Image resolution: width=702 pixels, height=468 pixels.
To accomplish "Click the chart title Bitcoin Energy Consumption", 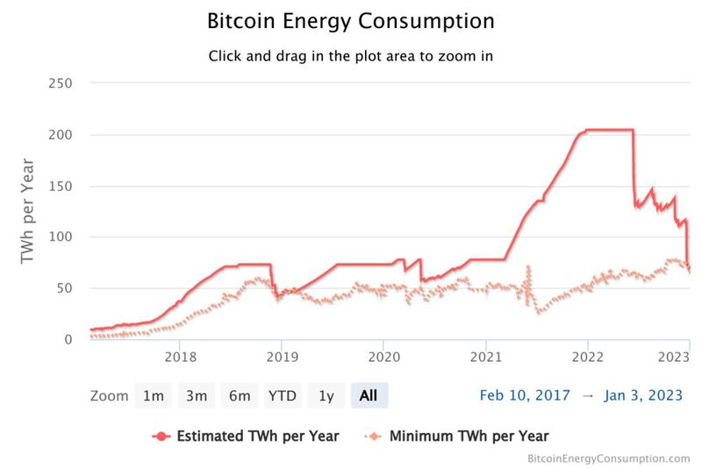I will pyautogui.click(x=351, y=20).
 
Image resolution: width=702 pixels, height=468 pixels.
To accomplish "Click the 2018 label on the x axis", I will pyautogui.click(x=180, y=357).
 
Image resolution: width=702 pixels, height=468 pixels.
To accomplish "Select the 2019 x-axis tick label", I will pyautogui.click(x=282, y=357).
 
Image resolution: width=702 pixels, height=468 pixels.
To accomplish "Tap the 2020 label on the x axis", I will pyautogui.click(x=383, y=357).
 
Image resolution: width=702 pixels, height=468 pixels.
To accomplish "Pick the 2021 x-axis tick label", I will pyautogui.click(x=485, y=357).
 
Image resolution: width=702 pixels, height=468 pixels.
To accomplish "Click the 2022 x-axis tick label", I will pyautogui.click(x=587, y=357).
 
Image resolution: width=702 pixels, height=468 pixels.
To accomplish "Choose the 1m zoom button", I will pyautogui.click(x=154, y=396).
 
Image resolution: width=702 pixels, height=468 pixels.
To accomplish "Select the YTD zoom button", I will pyautogui.click(x=282, y=396).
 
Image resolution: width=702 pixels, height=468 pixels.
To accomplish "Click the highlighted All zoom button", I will pyautogui.click(x=369, y=396).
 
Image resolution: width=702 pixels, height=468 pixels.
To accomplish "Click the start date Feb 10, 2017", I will pyautogui.click(x=525, y=396).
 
